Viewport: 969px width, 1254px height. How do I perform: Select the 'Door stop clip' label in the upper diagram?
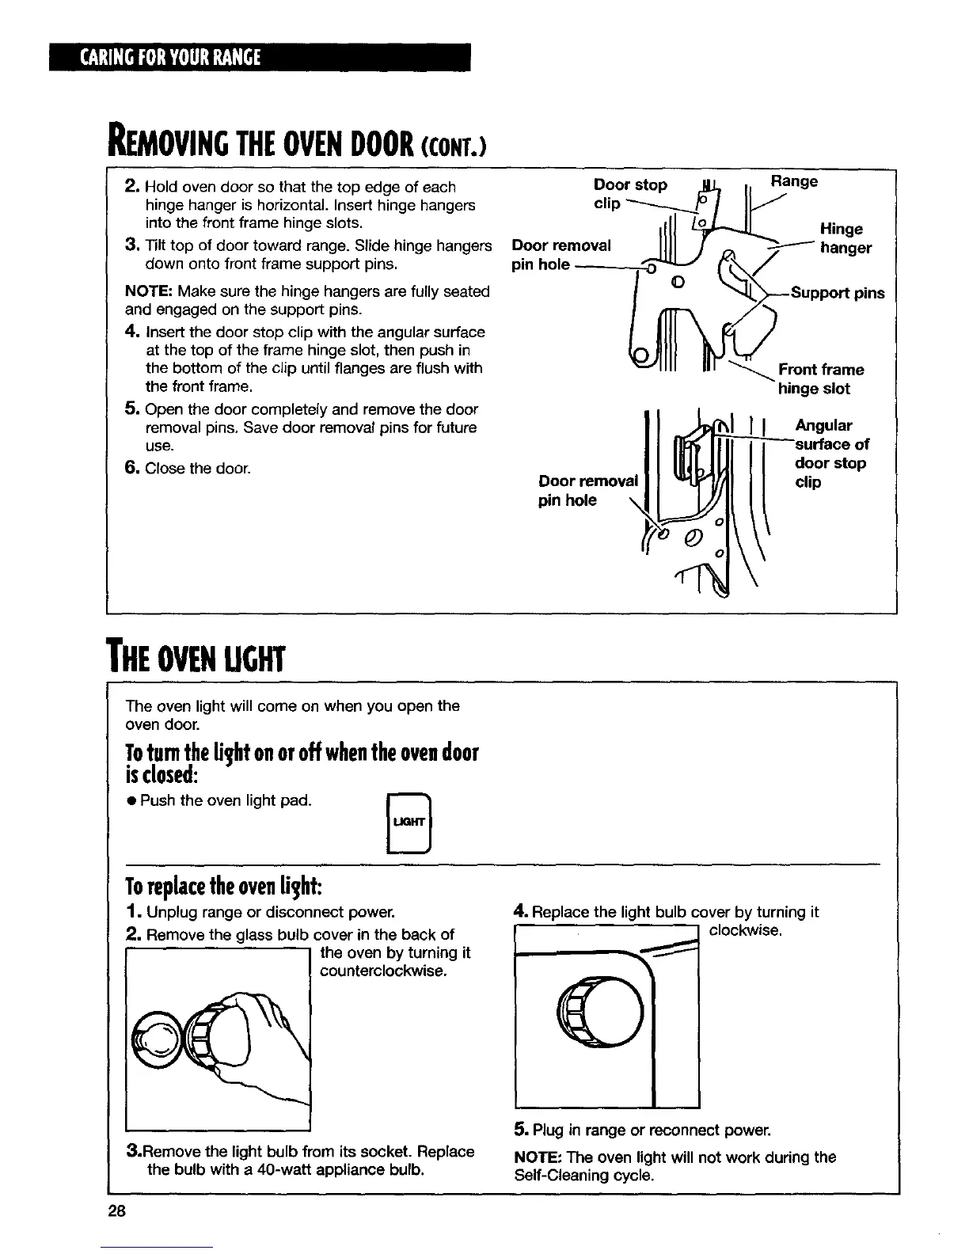pyautogui.click(x=630, y=194)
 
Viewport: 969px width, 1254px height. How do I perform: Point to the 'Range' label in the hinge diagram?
pyautogui.click(x=794, y=181)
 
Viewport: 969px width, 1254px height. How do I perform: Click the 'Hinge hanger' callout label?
pyautogui.click(x=845, y=238)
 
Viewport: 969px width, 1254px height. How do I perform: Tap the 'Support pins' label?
pyautogui.click(x=838, y=293)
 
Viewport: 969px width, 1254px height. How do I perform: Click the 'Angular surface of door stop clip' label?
pyautogui.click(x=831, y=454)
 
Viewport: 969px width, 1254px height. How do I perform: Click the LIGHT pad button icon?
pyautogui.click(x=409, y=823)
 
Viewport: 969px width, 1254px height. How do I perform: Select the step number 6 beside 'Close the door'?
pyautogui.click(x=131, y=468)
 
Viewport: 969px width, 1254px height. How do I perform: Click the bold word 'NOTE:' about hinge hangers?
pyautogui.click(x=150, y=291)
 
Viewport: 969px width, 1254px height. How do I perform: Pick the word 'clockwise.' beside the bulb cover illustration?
pyautogui.click(x=746, y=930)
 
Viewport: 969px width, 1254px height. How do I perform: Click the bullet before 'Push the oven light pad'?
pyautogui.click(x=131, y=801)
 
